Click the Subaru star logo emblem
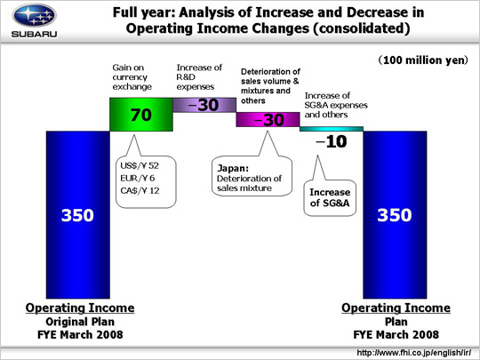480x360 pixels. point(35,15)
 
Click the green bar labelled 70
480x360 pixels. point(141,115)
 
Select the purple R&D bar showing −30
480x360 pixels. point(204,105)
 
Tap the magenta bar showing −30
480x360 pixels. point(268,119)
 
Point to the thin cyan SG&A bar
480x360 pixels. point(332,129)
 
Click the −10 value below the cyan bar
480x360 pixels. point(332,141)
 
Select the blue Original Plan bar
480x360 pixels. point(77,214)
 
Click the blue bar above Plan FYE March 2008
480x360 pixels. point(395,214)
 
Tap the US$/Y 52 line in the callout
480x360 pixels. point(140,166)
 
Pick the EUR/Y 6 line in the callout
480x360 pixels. point(138,178)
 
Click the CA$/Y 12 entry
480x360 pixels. point(140,191)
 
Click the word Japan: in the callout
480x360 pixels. point(233,168)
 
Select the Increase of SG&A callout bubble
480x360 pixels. point(330,197)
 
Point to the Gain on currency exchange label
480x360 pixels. point(132,77)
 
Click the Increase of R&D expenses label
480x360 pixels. point(199,77)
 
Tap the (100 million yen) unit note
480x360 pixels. point(423,60)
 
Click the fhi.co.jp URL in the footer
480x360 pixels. point(414,353)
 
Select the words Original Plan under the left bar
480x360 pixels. point(80,322)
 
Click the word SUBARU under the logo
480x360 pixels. point(35,34)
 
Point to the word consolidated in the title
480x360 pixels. point(362,28)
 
